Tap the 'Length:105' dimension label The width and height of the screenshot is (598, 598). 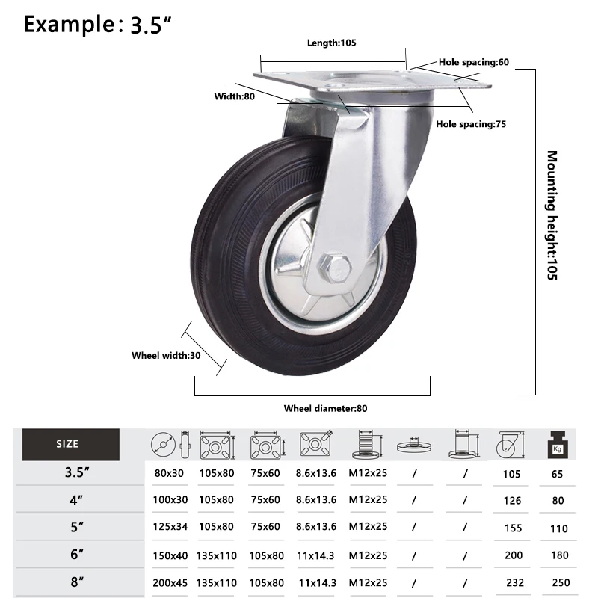click(332, 43)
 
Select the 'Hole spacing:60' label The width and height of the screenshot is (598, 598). click(473, 62)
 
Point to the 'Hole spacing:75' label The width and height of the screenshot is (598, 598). click(471, 124)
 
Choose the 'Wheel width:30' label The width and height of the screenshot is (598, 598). click(166, 356)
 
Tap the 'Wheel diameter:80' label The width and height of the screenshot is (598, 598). click(325, 408)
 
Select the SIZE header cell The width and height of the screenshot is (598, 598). click(67, 444)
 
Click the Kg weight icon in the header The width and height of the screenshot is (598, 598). click(557, 444)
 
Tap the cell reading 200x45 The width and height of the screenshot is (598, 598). click(168, 582)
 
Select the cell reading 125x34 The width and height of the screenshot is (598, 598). click(168, 527)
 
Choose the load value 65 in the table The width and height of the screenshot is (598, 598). click(558, 473)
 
